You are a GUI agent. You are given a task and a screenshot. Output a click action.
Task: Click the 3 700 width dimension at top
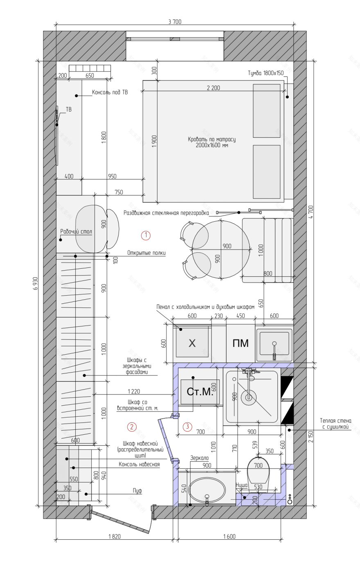click(x=175, y=22)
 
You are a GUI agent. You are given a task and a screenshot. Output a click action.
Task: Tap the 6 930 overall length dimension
click(x=35, y=283)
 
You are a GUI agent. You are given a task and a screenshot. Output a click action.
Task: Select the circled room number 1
click(x=146, y=235)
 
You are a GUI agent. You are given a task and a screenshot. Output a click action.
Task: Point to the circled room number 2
click(x=132, y=427)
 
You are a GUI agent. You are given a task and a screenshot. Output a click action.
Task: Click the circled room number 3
click(x=187, y=426)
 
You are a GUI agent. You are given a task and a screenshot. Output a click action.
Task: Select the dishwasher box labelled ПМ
click(x=241, y=343)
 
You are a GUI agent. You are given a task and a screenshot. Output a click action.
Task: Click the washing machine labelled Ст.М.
click(x=200, y=392)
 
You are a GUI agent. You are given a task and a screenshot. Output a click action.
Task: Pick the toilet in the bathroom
click(x=258, y=471)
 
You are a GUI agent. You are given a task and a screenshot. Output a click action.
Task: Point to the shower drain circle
click(x=248, y=397)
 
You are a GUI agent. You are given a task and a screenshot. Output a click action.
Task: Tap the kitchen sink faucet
click(x=274, y=351)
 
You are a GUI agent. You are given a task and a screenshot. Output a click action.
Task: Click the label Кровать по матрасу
click(x=211, y=139)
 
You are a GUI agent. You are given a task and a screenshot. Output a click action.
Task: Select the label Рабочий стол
click(x=76, y=231)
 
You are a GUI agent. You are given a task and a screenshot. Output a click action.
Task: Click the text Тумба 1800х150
click(x=265, y=73)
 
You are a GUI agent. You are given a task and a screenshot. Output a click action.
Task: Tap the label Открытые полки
click(x=146, y=253)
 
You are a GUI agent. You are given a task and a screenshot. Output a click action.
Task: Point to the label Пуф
click(x=137, y=491)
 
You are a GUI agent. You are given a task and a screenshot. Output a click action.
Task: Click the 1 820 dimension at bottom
click(x=115, y=536)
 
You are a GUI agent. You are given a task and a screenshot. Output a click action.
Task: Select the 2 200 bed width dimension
click(x=214, y=88)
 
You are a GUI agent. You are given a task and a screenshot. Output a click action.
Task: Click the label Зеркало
click(x=199, y=458)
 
